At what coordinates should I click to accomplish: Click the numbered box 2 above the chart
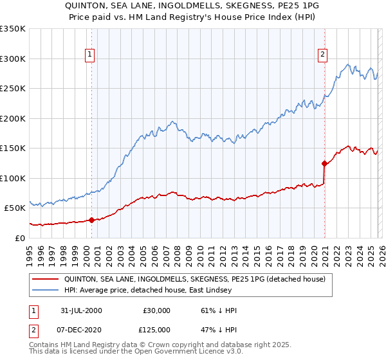pyautogui.click(x=322, y=55)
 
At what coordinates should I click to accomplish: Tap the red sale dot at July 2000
pyautogui.click(x=92, y=220)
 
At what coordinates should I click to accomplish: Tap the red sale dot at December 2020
pyautogui.click(x=324, y=163)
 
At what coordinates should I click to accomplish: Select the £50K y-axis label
pyautogui.click(x=14, y=208)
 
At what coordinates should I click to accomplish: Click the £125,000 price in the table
pyautogui.click(x=157, y=329)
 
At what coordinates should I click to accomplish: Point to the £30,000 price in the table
pyautogui.click(x=157, y=310)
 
